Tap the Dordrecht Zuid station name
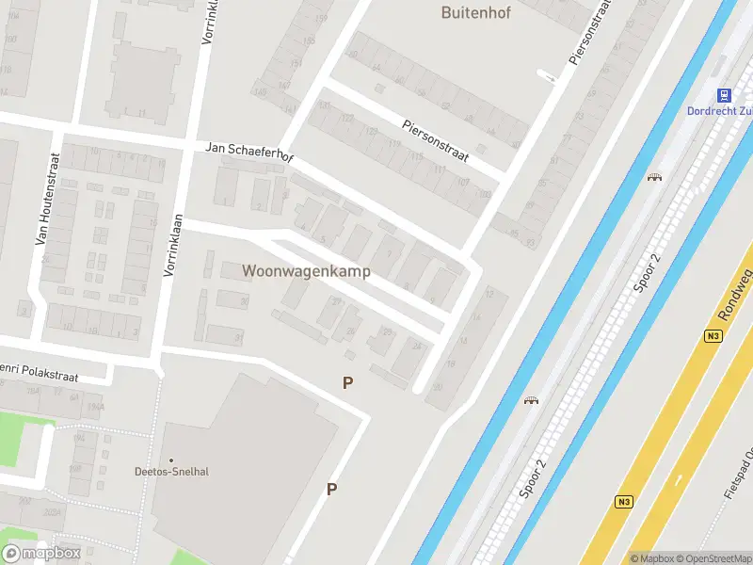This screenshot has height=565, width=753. click(x=721, y=112)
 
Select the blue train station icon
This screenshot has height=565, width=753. click(x=724, y=95)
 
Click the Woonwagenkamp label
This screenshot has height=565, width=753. click(x=306, y=271)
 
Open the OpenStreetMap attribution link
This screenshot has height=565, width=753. click(x=715, y=558)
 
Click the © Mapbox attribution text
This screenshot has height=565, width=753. click(x=653, y=558)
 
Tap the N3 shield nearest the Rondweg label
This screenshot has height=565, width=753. click(x=714, y=336)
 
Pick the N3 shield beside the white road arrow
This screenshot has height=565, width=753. click(x=623, y=501)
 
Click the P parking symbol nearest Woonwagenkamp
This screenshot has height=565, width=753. click(x=348, y=383)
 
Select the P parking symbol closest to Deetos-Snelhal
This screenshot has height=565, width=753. click(x=331, y=489)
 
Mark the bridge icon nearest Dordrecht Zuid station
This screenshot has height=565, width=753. click(x=654, y=176)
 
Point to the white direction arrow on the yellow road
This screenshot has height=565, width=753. click(x=678, y=480)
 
